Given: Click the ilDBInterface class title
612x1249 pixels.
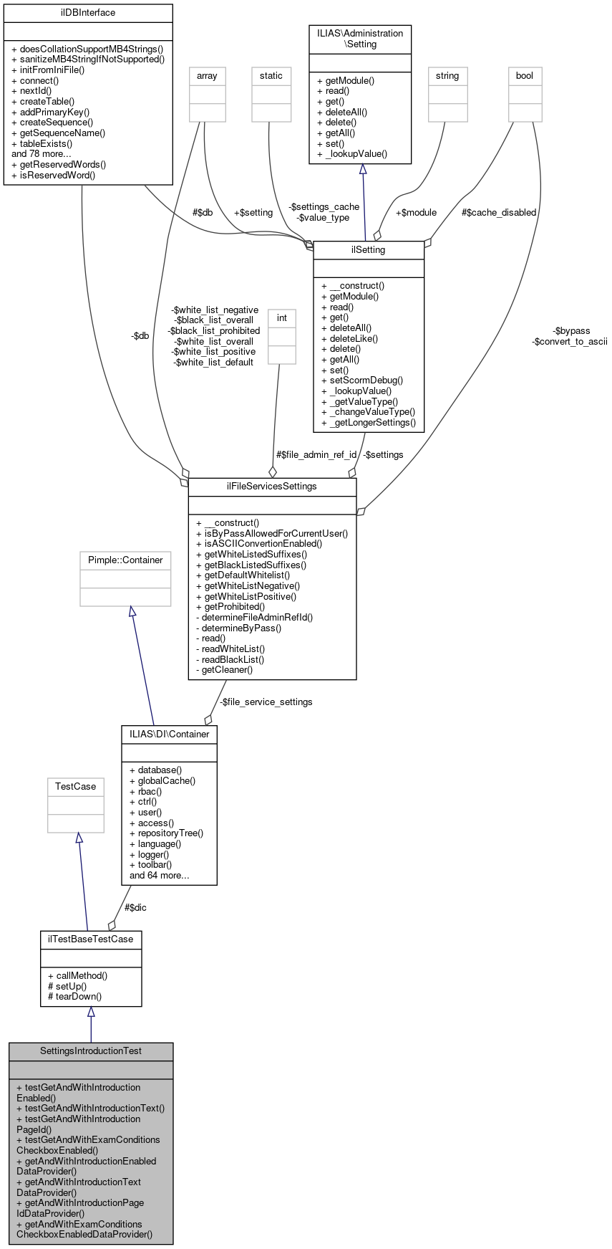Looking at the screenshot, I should pos(88,13).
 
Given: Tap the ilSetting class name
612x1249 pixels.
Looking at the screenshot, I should pos(368,250).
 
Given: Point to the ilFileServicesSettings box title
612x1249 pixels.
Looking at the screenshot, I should pos(271,487).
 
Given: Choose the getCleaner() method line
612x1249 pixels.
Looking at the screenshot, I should pos(224,669).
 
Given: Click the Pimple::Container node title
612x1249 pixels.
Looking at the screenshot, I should pos(125,560).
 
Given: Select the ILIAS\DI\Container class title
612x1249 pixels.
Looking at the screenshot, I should pos(169,734).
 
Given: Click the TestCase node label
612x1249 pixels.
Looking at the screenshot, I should pos(75,787).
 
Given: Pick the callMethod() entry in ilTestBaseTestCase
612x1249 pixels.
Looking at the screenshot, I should pos(78,975).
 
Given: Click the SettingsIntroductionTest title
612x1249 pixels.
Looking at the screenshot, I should pos(91,1051).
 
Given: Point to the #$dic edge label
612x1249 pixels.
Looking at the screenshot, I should pos(135,907).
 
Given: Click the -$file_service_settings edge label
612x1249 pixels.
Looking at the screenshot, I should pos(266,702).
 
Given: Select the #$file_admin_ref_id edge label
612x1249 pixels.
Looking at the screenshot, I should pos(316,454).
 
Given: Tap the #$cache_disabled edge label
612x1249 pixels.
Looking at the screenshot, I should pos(499,212).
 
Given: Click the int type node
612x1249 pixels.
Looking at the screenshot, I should pos(282,318).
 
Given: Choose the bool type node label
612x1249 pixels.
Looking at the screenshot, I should pos(525,76).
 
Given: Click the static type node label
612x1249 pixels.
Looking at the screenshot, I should pos(271,76).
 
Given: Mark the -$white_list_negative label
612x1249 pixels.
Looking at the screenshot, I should pos(215,310).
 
